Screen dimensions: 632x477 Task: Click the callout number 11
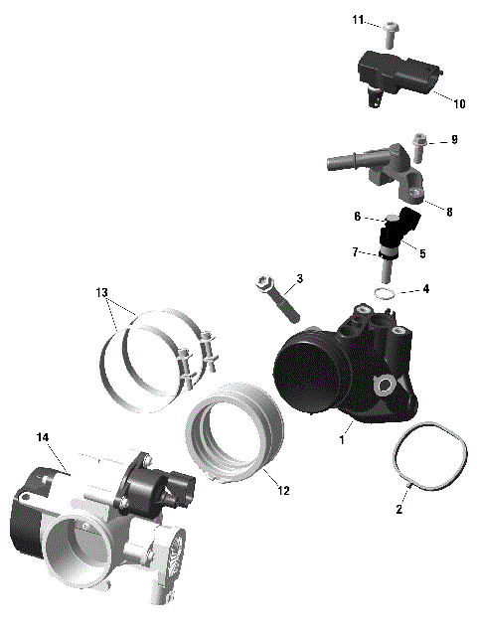[358, 19]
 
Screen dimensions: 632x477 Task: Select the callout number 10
[458, 103]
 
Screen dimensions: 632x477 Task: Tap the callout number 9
[453, 140]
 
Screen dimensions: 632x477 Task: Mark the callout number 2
[399, 508]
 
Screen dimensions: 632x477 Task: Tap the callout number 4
[425, 289]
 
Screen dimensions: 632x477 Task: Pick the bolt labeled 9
[418, 146]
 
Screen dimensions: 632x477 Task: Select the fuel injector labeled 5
[396, 239]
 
